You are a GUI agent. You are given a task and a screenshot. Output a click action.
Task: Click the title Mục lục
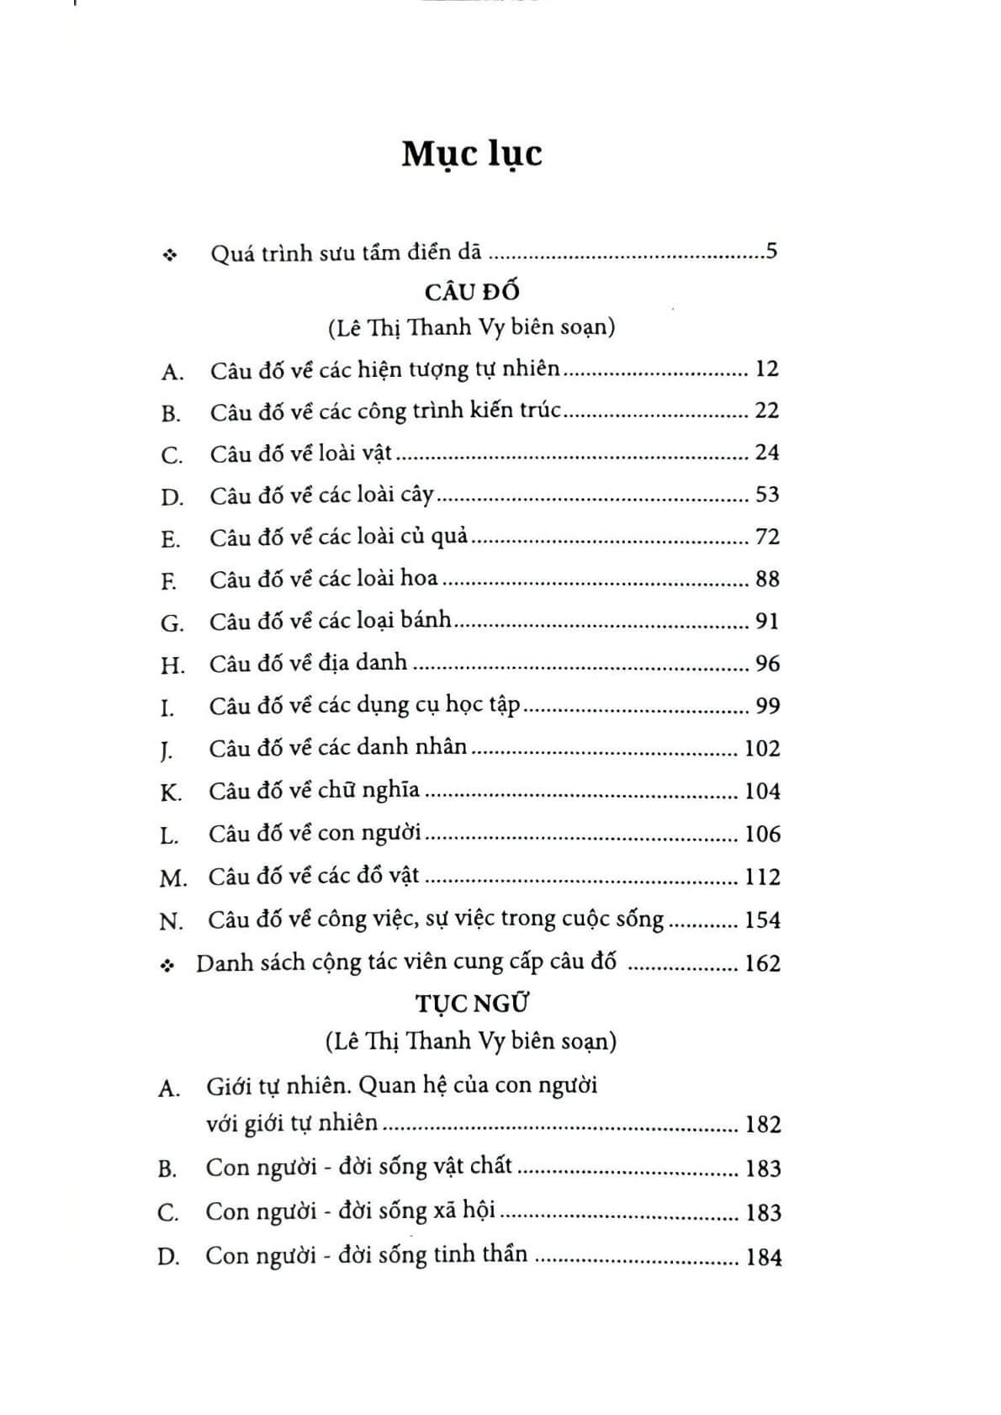471,155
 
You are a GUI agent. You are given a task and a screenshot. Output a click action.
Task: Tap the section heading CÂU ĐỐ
472,292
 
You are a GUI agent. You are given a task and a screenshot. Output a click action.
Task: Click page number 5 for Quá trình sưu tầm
771,252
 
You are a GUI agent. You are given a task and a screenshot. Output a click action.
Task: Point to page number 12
767,368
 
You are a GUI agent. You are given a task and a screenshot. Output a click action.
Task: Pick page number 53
767,494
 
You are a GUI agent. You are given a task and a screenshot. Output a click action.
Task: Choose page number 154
762,919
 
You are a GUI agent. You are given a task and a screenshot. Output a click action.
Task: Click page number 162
762,962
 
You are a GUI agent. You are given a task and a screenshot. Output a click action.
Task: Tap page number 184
763,1258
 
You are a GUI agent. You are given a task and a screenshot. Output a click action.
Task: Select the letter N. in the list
171,921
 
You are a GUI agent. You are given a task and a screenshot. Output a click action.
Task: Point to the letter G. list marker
172,623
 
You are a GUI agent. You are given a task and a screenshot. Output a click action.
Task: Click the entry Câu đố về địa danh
309,663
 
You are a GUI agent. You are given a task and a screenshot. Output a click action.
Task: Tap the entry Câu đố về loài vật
301,453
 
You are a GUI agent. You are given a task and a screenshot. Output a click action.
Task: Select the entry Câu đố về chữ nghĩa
314,791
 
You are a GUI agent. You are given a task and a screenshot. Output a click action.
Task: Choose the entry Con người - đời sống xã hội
350,1211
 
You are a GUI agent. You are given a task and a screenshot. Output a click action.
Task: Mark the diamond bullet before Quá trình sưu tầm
171,254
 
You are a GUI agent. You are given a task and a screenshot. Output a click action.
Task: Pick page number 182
763,1125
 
